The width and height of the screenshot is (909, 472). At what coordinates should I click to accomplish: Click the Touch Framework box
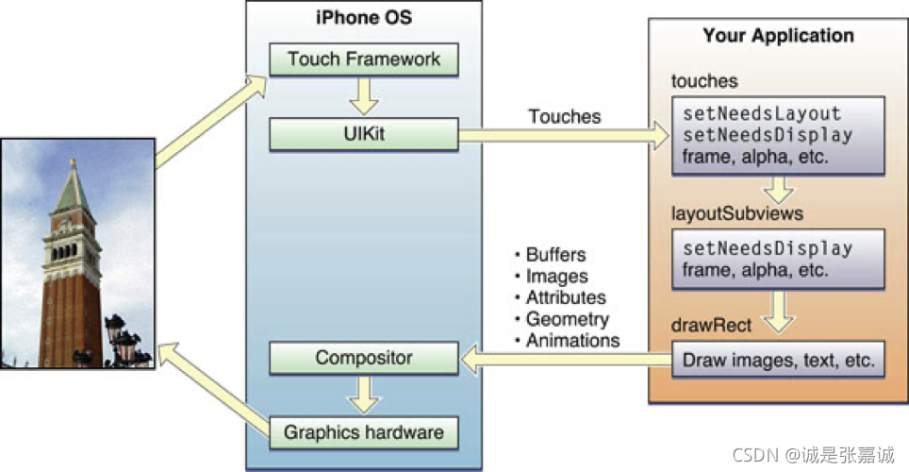coord(364,59)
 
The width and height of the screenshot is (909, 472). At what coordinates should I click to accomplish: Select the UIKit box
coord(364,134)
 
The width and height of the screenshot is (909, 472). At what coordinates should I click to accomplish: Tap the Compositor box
coord(364,359)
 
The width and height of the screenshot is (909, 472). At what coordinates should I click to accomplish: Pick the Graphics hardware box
coord(364,432)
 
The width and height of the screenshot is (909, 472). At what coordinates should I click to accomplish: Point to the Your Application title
coord(778,37)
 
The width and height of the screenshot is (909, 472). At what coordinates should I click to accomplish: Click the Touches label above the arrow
coord(565,116)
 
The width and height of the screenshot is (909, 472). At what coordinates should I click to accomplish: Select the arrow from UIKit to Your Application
coord(563,136)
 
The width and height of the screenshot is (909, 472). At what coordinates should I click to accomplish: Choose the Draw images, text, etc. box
coord(779,360)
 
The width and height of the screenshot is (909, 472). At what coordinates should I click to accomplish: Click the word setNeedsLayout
coord(761,113)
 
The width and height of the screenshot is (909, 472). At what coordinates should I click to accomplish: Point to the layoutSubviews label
coord(736,213)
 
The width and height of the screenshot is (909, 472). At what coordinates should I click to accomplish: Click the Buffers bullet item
coord(554,255)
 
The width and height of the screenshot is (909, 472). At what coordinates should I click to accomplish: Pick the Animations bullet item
coord(571,340)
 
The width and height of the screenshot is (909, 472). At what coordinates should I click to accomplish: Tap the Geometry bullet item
coord(567,319)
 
